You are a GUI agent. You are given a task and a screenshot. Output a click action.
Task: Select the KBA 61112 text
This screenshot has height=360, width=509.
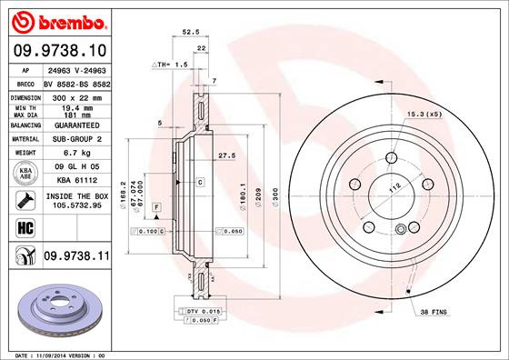(x=73, y=180)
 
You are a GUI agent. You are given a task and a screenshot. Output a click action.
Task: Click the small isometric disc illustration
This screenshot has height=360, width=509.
(x=55, y=305)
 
